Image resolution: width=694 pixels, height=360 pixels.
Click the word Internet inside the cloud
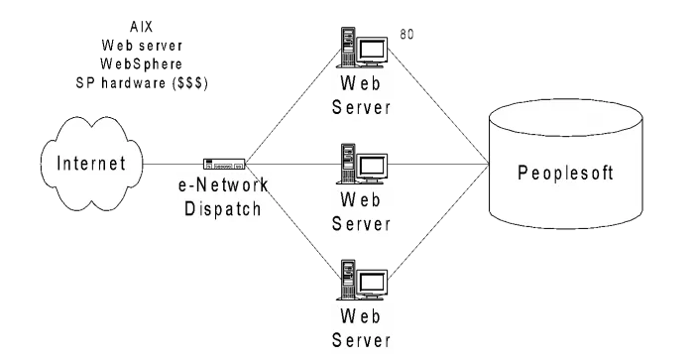[91, 164]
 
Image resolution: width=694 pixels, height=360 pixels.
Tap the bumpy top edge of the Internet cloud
[91, 122]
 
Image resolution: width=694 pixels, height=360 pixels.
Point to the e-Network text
[220, 186]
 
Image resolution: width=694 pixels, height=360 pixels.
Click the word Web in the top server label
[361, 82]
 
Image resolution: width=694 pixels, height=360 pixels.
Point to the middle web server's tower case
[348, 163]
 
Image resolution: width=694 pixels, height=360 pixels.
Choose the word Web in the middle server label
[361, 197]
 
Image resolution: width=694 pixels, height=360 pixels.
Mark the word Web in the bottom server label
[361, 316]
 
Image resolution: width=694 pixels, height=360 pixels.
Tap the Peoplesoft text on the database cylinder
[566, 174]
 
